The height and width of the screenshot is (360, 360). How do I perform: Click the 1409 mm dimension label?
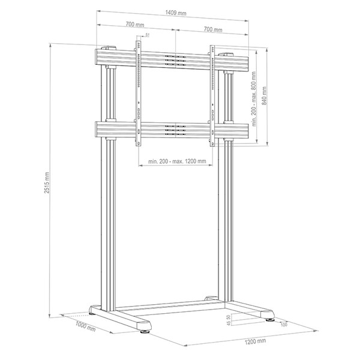pos(176,13)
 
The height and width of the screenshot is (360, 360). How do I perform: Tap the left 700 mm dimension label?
pos(135,24)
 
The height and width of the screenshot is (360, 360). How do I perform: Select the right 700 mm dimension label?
pos(213,29)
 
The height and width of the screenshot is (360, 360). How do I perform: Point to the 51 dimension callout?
pos(148,35)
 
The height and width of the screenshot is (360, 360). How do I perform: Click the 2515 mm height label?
pos(47,182)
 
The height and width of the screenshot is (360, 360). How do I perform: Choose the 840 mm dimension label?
pos(265,96)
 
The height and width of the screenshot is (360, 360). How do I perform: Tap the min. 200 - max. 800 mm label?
pos(254,99)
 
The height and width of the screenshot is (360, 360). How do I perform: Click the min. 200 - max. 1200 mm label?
pos(177,161)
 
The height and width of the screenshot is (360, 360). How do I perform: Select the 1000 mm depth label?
pos(85,326)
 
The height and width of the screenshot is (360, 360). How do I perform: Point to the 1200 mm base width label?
pos(255,341)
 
